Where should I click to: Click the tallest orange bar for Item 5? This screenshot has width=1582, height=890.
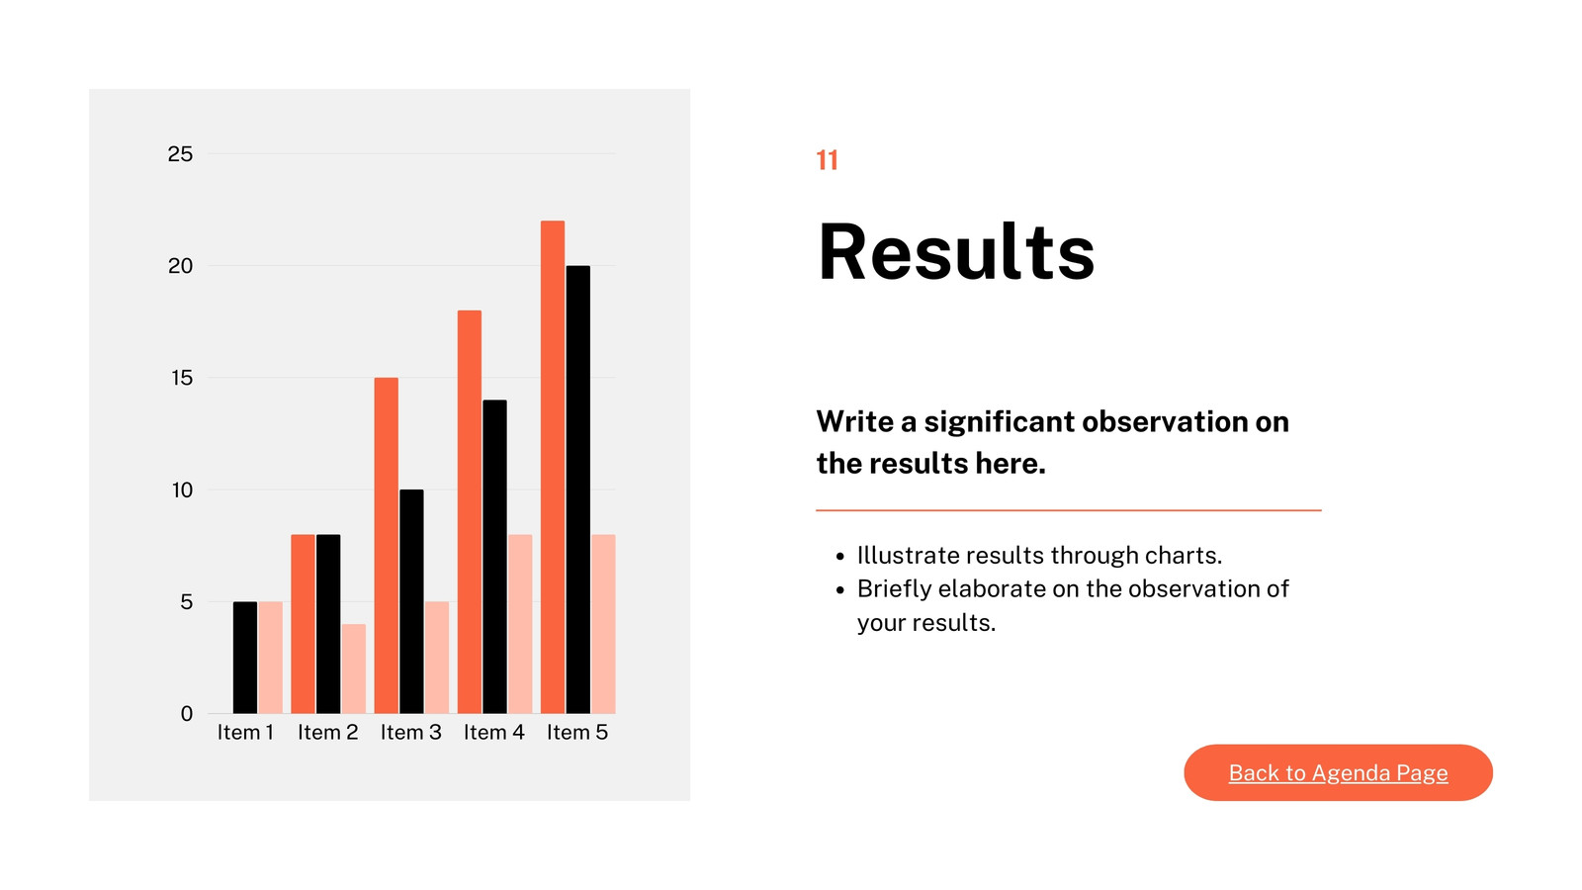click(553, 467)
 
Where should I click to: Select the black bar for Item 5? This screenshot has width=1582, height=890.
click(577, 489)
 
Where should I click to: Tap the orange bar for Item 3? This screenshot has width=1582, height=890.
click(387, 545)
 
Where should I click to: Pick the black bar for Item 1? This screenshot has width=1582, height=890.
click(245, 658)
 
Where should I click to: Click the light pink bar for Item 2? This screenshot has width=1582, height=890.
click(353, 668)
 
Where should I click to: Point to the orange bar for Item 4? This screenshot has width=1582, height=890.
click(470, 512)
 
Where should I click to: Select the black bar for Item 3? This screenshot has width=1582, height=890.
click(411, 602)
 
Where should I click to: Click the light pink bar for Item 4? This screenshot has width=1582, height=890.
click(520, 624)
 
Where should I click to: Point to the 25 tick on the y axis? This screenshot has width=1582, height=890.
click(180, 154)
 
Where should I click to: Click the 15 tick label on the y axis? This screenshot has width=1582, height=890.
click(182, 378)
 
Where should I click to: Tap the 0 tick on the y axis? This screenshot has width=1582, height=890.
click(187, 714)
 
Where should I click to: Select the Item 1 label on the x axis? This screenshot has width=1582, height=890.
click(245, 733)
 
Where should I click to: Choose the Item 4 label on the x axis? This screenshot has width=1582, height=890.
click(494, 733)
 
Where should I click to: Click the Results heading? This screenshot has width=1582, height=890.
click(955, 251)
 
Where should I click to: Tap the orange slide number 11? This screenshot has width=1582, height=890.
click(827, 160)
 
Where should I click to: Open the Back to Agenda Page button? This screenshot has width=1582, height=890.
click(1339, 772)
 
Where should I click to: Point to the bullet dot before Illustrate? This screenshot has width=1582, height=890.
click(839, 557)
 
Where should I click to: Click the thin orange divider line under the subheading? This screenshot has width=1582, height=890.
click(1069, 510)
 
